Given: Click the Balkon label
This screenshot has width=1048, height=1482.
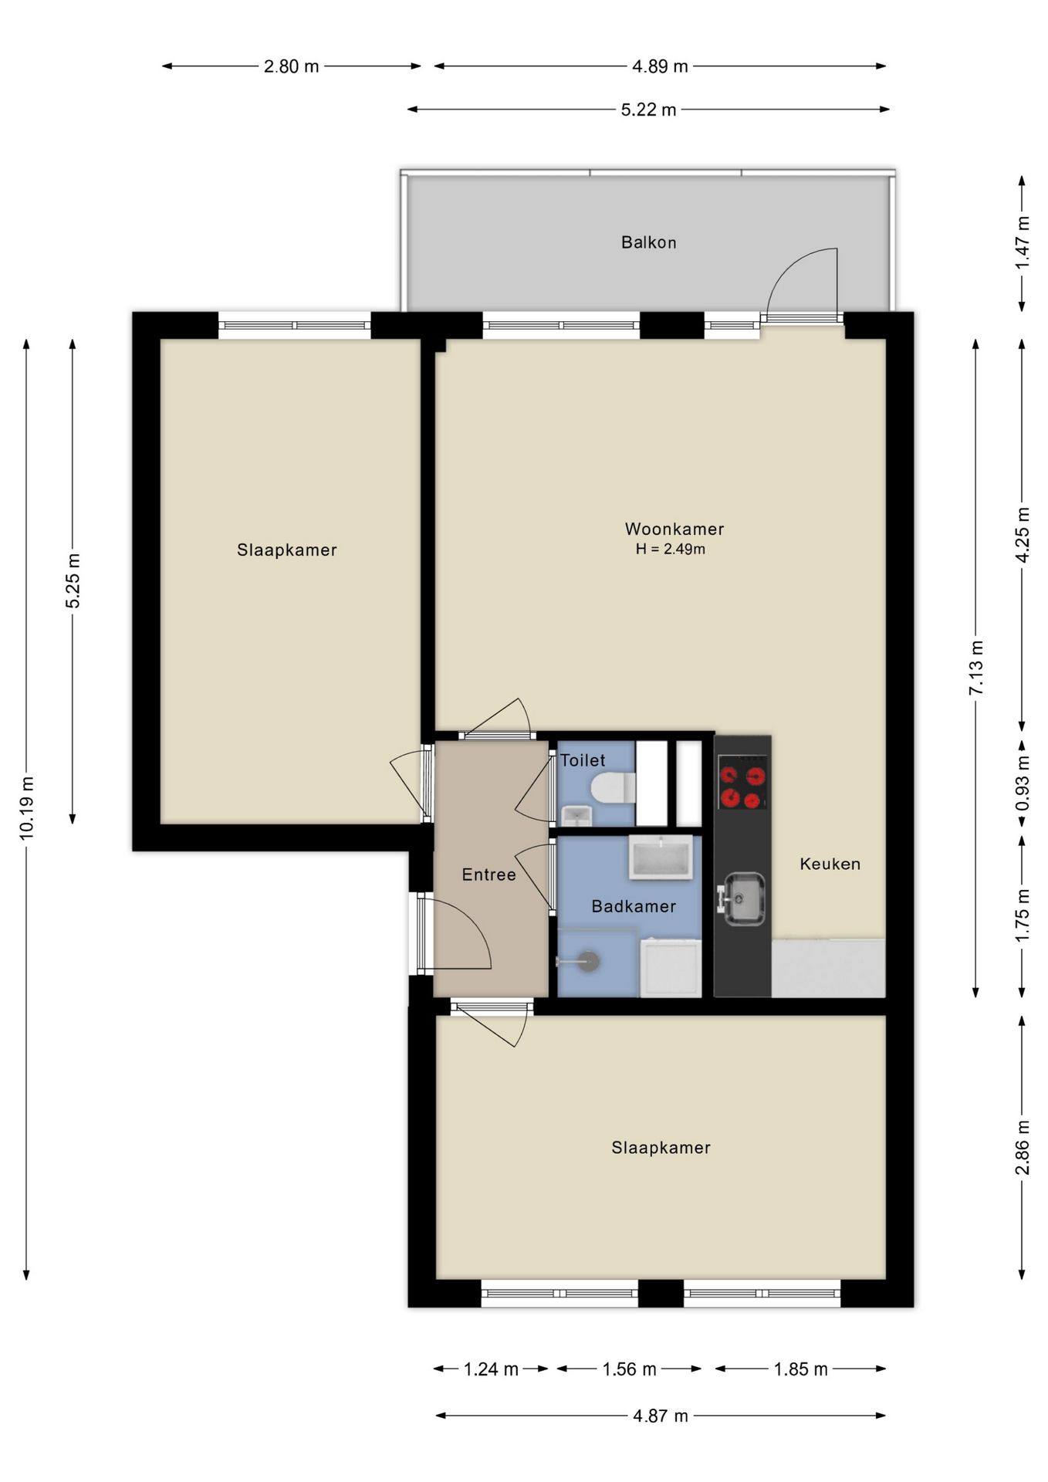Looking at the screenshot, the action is click(648, 242).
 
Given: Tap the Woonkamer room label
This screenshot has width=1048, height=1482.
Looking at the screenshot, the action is click(674, 529).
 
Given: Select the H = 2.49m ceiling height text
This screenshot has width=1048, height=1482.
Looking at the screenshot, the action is click(670, 550).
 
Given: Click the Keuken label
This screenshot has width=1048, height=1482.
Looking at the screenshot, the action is click(830, 864).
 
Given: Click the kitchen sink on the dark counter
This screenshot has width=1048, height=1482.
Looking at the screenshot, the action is click(742, 898).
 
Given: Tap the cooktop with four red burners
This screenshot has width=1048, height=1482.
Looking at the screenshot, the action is click(742, 782).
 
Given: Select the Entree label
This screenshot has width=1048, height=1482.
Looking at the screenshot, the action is click(489, 875).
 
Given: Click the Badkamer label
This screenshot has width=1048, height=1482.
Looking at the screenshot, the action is click(634, 906).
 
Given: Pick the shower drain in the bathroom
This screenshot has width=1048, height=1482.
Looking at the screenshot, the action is click(588, 962).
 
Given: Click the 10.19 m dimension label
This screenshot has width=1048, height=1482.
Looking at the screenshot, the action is click(27, 808).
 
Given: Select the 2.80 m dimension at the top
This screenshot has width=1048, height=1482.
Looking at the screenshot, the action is click(291, 66).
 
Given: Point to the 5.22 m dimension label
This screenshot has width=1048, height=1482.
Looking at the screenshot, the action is click(648, 110).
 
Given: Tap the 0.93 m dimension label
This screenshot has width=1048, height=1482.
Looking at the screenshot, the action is click(1023, 784).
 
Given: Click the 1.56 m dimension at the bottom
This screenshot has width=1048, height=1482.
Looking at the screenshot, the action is click(629, 1369).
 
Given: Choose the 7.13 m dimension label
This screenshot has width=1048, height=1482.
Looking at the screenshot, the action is click(976, 668).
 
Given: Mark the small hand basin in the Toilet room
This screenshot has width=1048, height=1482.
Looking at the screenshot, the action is click(576, 815).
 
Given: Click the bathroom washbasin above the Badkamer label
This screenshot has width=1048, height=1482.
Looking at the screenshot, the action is click(661, 857).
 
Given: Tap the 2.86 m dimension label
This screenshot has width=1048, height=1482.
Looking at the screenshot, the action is click(1023, 1147).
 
